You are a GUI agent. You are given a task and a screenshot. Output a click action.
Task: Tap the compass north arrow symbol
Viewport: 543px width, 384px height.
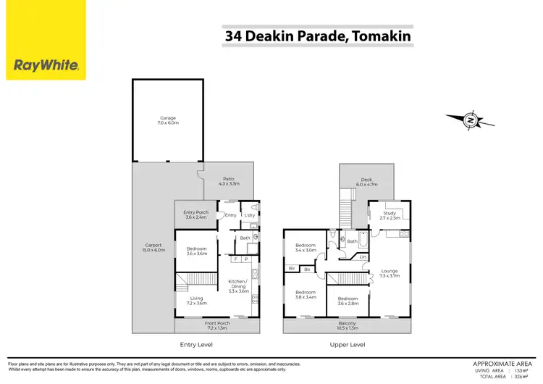pyautogui.click(x=471, y=119)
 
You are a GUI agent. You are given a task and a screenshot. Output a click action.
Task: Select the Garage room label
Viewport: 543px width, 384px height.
pyautogui.click(x=168, y=120)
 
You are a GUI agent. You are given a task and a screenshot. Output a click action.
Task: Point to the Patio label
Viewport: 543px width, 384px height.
pyautogui.click(x=228, y=182)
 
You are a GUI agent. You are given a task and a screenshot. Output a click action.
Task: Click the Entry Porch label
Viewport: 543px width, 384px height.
pyautogui.click(x=196, y=214)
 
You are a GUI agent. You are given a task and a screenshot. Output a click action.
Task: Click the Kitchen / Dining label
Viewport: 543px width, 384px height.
pyautogui.click(x=238, y=283)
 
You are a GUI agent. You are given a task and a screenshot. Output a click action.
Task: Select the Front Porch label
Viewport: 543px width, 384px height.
pyautogui.click(x=216, y=325)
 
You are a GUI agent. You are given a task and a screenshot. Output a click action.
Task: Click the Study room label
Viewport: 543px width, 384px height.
pyautogui.click(x=390, y=215)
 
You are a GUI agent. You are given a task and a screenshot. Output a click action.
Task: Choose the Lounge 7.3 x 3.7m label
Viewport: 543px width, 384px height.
pyautogui.click(x=390, y=273)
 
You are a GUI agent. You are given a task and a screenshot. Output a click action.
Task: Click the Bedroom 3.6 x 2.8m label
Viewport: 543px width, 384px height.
pyautogui.click(x=348, y=301)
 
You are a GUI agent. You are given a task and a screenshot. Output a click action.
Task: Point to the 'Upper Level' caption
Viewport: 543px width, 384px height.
pyautogui.click(x=347, y=345)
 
